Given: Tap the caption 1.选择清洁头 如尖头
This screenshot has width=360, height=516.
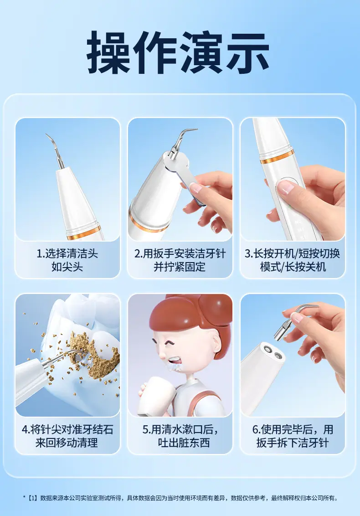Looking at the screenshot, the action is click(67, 260).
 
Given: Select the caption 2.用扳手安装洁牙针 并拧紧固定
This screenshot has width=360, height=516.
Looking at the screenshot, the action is click(180, 260).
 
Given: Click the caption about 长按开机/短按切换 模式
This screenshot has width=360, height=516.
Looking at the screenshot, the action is click(292, 260).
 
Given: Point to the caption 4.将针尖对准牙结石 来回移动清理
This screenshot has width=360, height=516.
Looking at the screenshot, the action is click(67, 436).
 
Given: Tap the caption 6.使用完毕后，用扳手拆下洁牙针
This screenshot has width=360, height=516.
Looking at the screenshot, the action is click(293, 436).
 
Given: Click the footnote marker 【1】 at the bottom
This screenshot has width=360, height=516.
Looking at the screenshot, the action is click(32, 498).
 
